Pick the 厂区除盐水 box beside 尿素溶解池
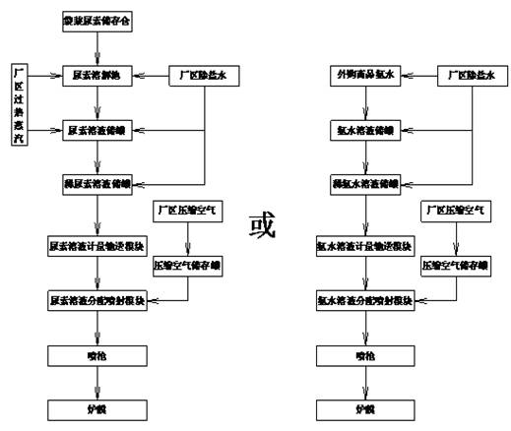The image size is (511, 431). tap(202, 75)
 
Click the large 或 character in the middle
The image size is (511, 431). tap(261, 224)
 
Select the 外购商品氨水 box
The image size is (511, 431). tap(364, 75)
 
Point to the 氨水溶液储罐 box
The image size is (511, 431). tap(364, 129)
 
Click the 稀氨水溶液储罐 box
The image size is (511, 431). tap(364, 183)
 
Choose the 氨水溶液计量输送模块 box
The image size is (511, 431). tap(364, 243)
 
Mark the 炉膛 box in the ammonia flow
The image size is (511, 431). tap(364, 406)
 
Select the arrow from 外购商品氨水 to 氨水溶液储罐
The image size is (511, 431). tap(364, 102)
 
